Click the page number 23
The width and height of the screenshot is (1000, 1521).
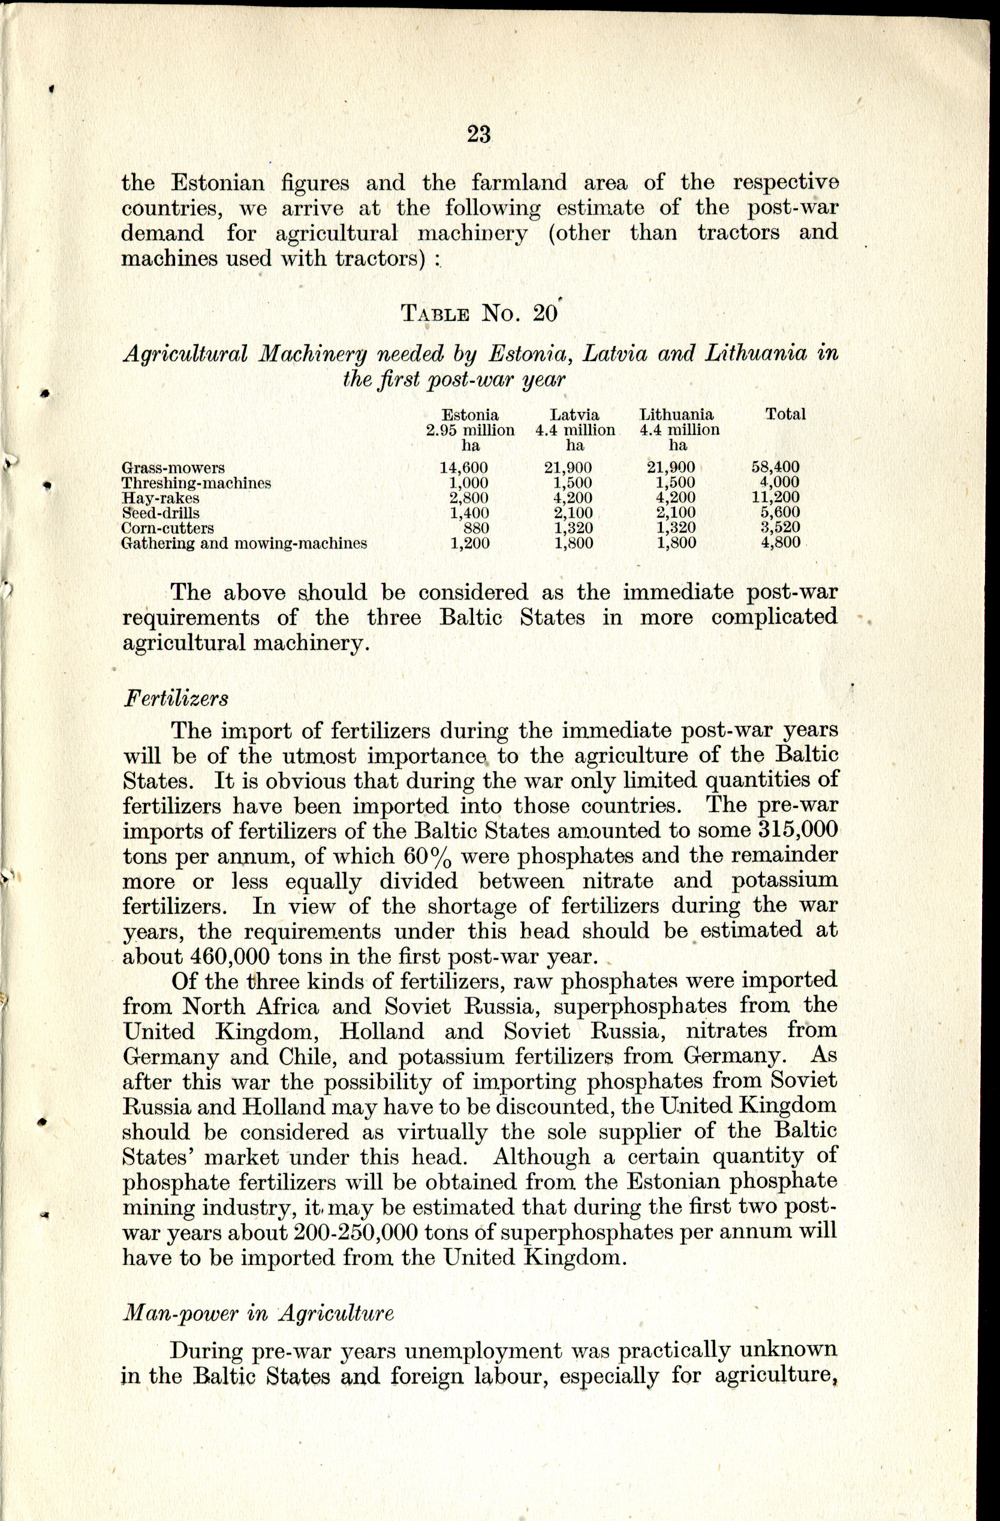click(478, 135)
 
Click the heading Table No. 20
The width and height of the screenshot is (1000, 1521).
click(479, 314)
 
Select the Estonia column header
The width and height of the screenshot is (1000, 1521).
click(470, 415)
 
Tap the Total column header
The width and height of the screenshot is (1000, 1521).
click(785, 414)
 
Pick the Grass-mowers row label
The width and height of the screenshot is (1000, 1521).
click(173, 468)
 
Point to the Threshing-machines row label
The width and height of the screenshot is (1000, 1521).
click(196, 483)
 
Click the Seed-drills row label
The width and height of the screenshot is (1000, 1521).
click(161, 513)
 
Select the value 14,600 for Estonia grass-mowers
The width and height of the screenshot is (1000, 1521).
click(463, 468)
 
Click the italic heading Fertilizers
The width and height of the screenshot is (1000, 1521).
click(175, 699)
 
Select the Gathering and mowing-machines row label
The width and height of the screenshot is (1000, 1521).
click(244, 544)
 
